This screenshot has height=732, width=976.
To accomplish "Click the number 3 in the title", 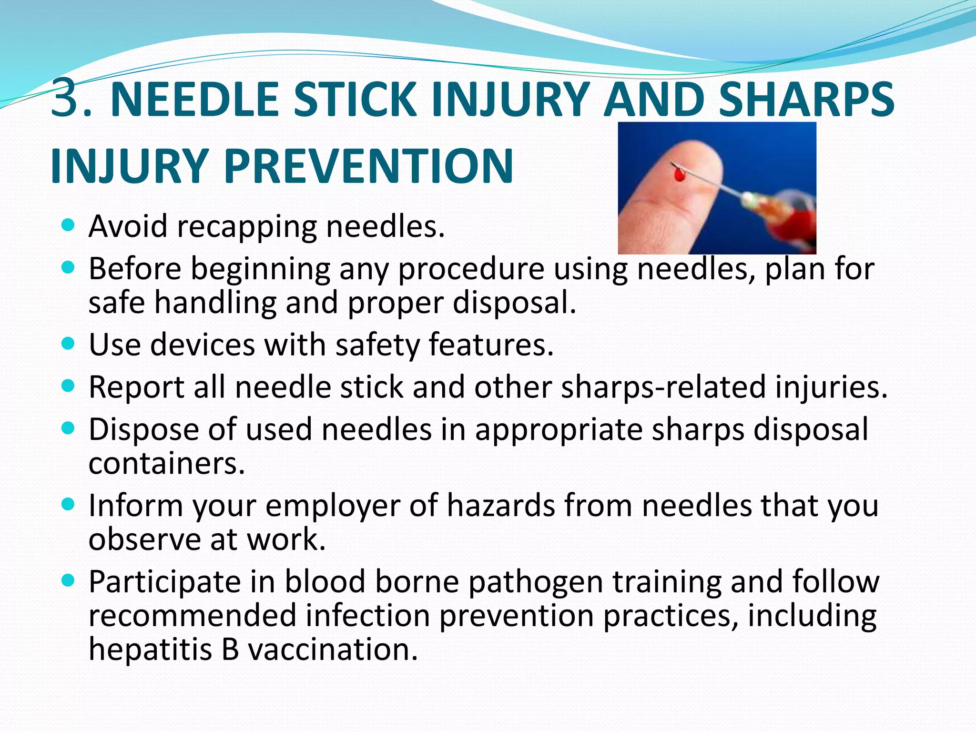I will (65, 98).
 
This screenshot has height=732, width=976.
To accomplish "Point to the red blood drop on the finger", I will (680, 176).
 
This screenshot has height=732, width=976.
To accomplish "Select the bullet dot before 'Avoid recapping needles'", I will (69, 225).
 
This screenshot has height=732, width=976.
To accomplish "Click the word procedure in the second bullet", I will (471, 269).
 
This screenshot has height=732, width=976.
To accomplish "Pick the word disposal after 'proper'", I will (514, 302).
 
